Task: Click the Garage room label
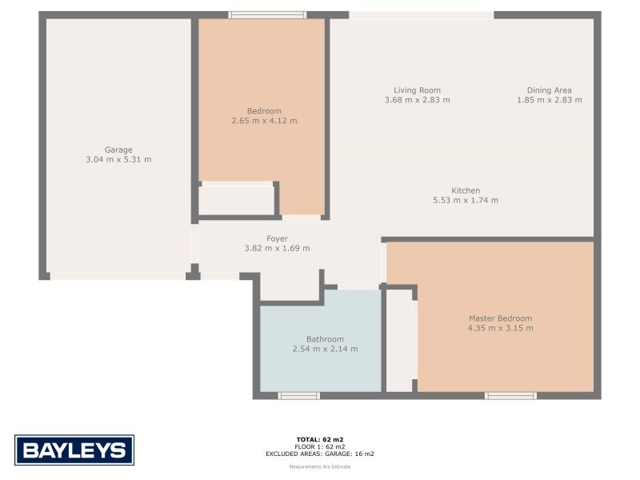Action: coord(118,150)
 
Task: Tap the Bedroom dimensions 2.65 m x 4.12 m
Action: coord(264,121)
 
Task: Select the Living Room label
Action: coord(417,90)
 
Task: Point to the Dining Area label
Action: coord(549,90)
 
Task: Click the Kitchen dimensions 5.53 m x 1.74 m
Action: coord(465,200)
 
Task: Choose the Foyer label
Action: coord(277,238)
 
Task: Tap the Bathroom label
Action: coord(325,338)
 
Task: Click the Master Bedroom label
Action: coord(500,318)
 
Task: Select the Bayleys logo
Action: coord(74,450)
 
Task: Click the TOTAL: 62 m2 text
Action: coord(320,439)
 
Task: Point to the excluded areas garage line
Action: coord(320,454)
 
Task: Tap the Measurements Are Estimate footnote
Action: coord(320,466)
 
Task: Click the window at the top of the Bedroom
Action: coord(267,14)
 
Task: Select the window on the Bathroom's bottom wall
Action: coord(298,395)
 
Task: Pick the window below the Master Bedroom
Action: coord(510,395)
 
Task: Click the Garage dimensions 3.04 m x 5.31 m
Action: coord(118,159)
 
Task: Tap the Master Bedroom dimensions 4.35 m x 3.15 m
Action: coord(500,328)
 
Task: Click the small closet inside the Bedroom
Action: coord(236,200)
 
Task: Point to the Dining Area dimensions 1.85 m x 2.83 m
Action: coord(549,100)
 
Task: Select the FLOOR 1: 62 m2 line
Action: coord(320,446)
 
